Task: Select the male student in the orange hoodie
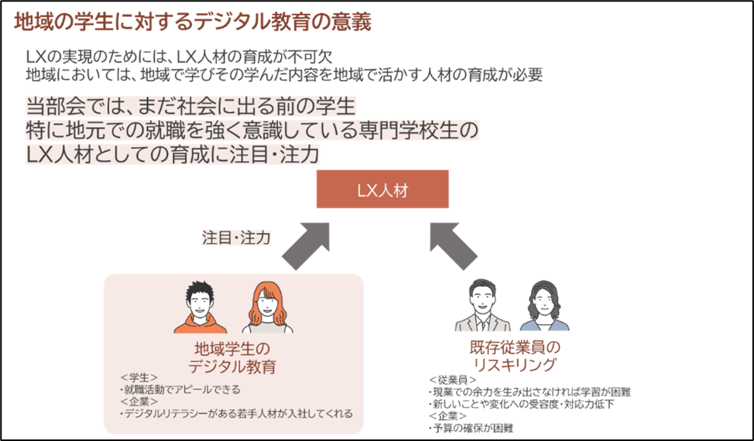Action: [200, 307]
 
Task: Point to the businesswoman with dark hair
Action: [543, 307]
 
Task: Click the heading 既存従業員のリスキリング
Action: [514, 357]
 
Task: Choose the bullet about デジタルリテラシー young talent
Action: [236, 414]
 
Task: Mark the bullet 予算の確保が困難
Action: [471, 428]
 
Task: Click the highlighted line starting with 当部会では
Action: [190, 105]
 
